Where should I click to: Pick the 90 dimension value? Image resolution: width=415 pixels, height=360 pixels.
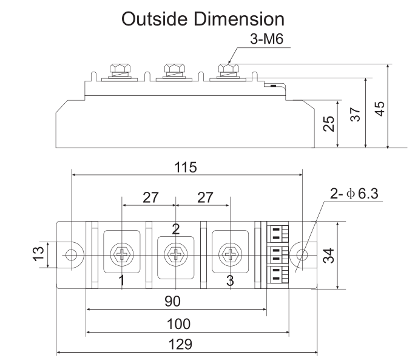pos(177,302)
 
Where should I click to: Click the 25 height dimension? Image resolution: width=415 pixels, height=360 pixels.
pos(329,124)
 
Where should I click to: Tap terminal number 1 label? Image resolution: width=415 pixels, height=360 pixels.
pos(122,280)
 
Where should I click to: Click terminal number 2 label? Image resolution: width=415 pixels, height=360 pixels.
pos(176,229)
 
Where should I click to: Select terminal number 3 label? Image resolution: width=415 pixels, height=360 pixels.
pos(229,280)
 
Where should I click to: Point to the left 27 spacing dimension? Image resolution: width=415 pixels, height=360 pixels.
pos(149,198)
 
